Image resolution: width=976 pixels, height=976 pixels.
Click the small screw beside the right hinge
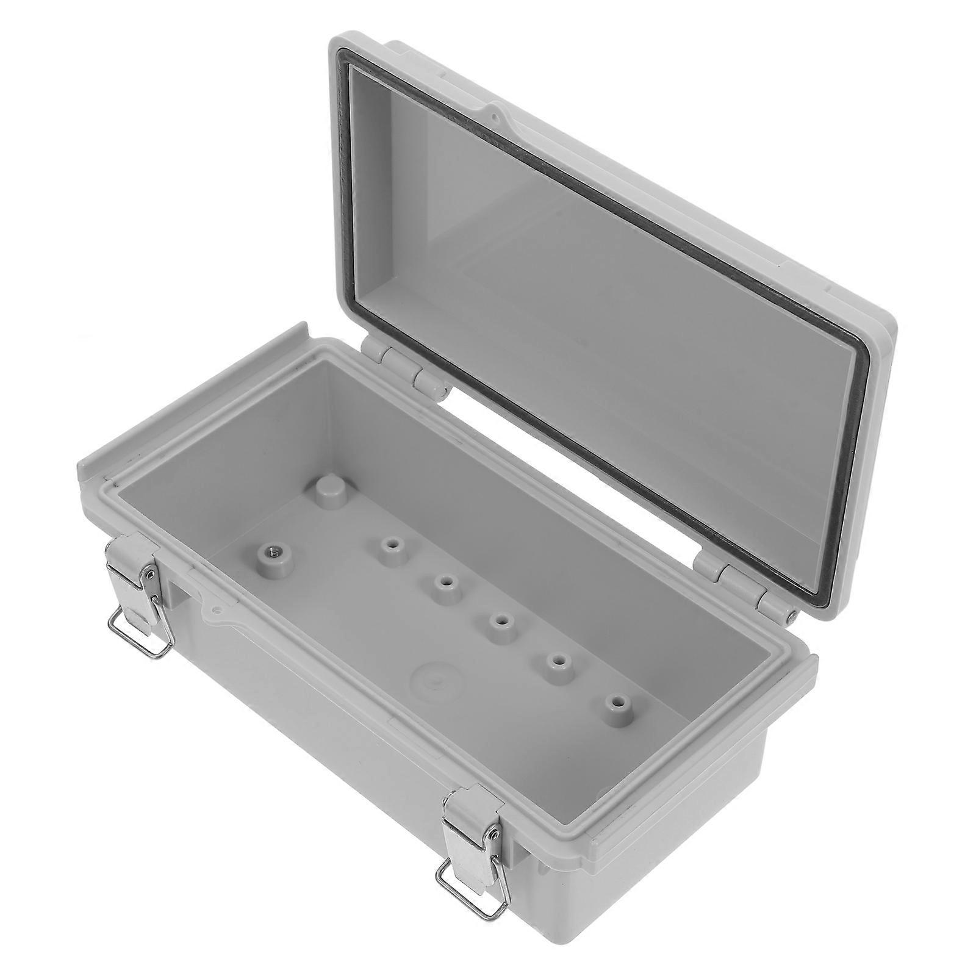(791, 616)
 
